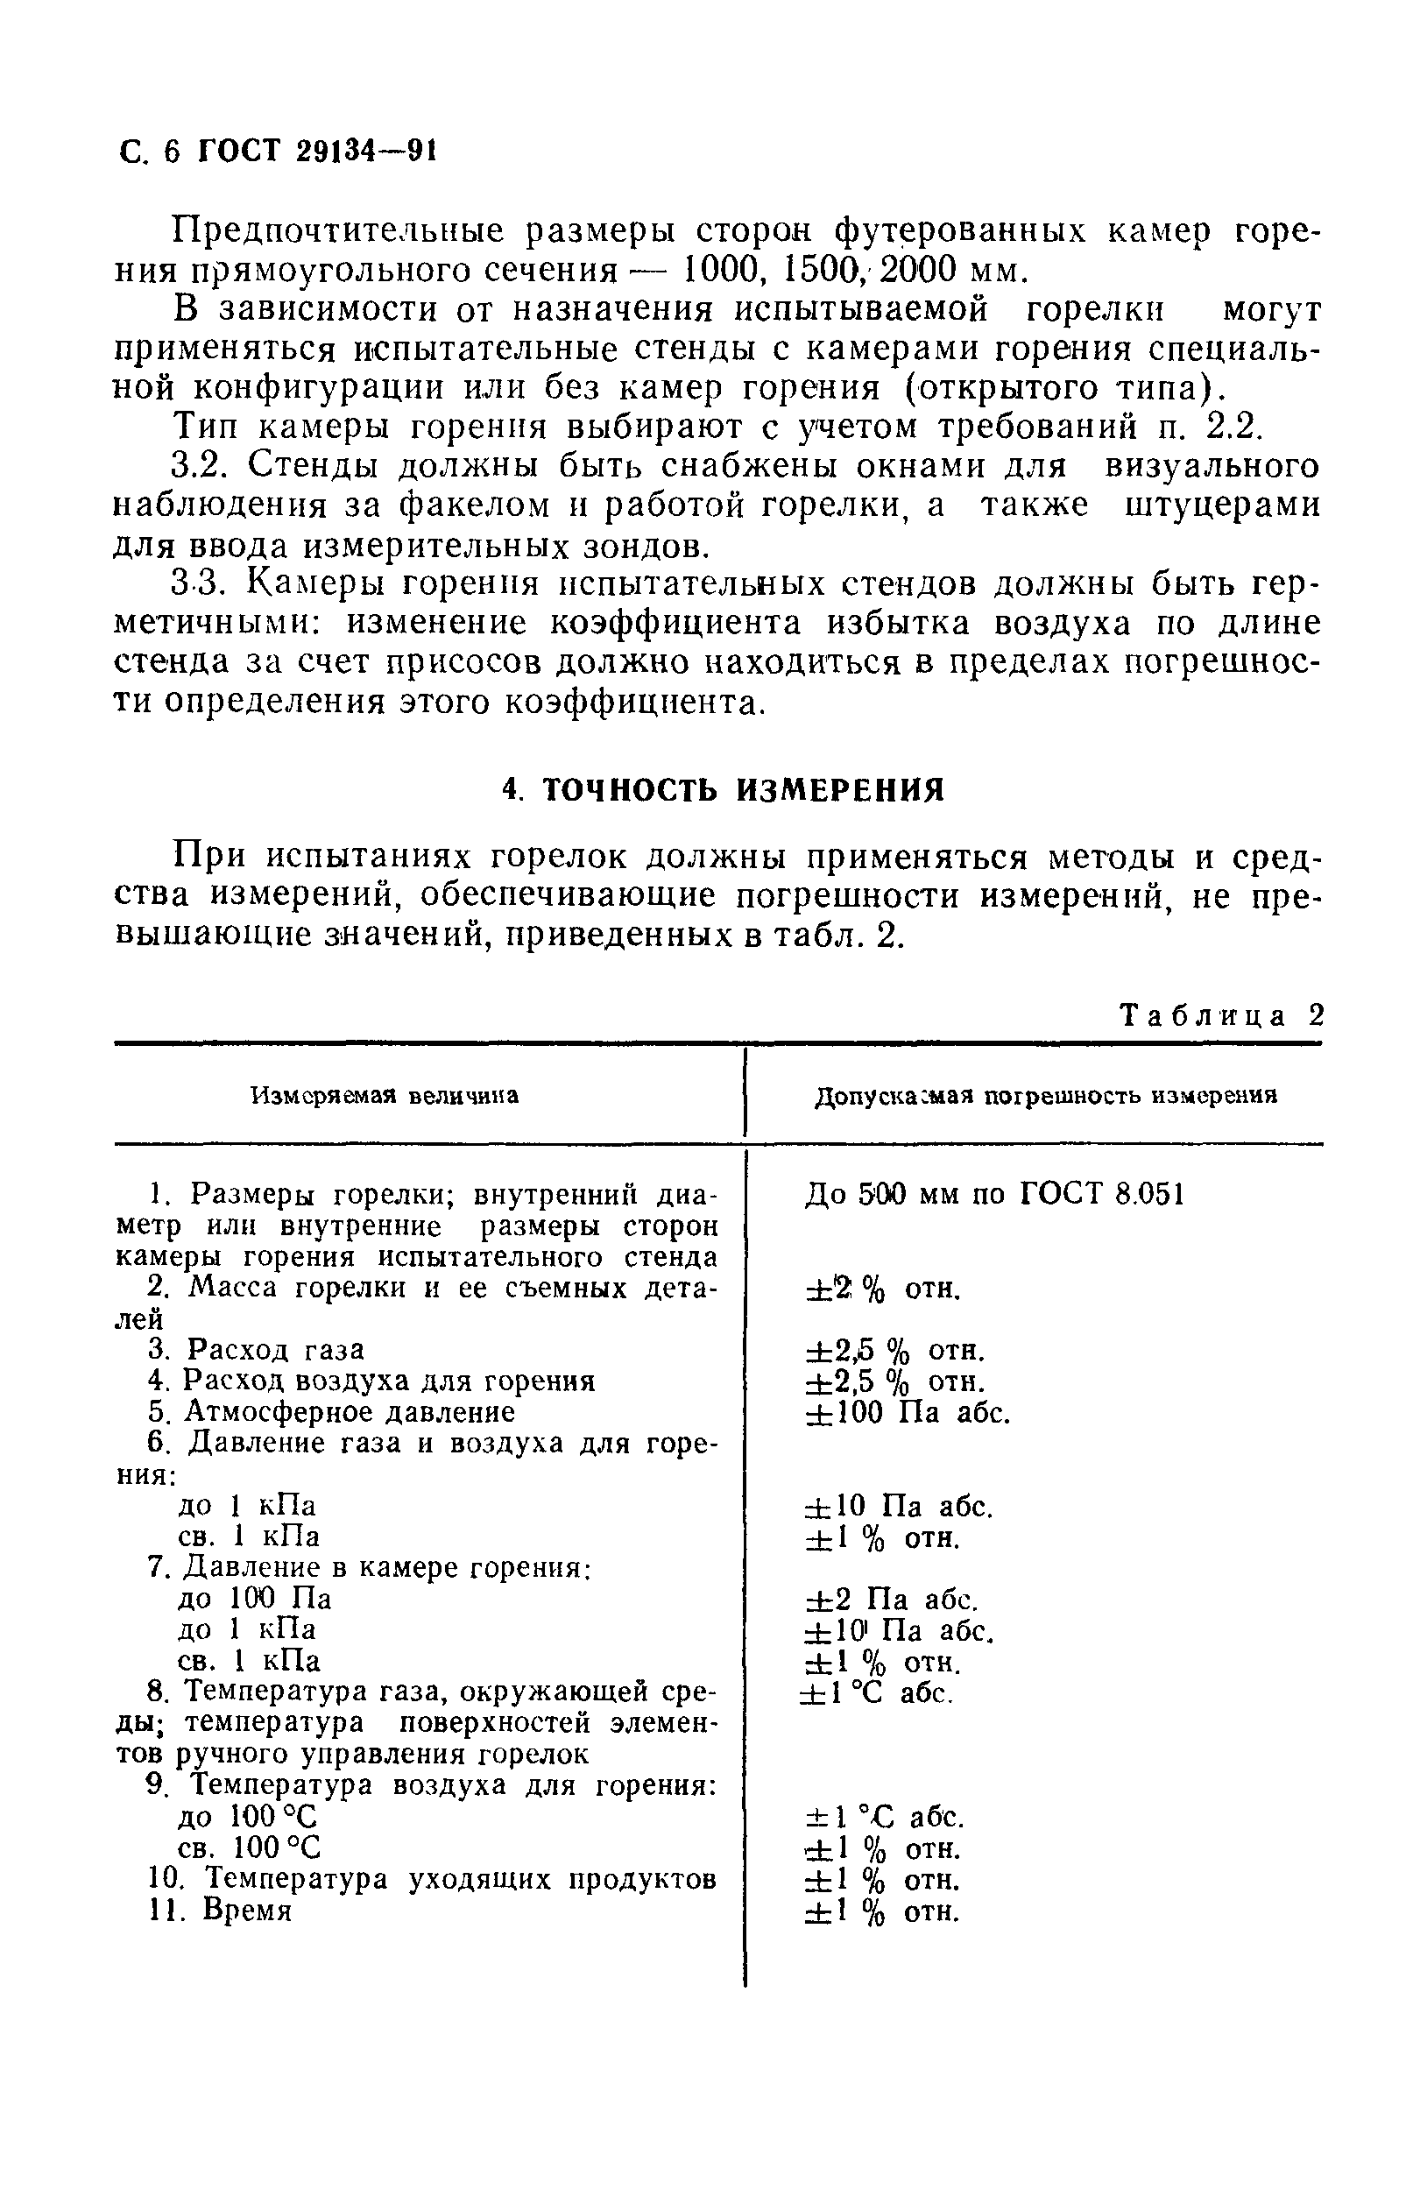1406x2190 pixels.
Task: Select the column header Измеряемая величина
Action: (x=385, y=1096)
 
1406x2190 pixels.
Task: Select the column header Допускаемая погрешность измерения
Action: (x=1045, y=1097)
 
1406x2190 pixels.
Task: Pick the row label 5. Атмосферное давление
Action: (x=331, y=1412)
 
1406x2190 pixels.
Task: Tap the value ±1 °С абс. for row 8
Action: (x=878, y=1693)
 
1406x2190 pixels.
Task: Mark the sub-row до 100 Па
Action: (x=254, y=1599)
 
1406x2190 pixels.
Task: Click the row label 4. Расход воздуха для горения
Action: (x=371, y=1381)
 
